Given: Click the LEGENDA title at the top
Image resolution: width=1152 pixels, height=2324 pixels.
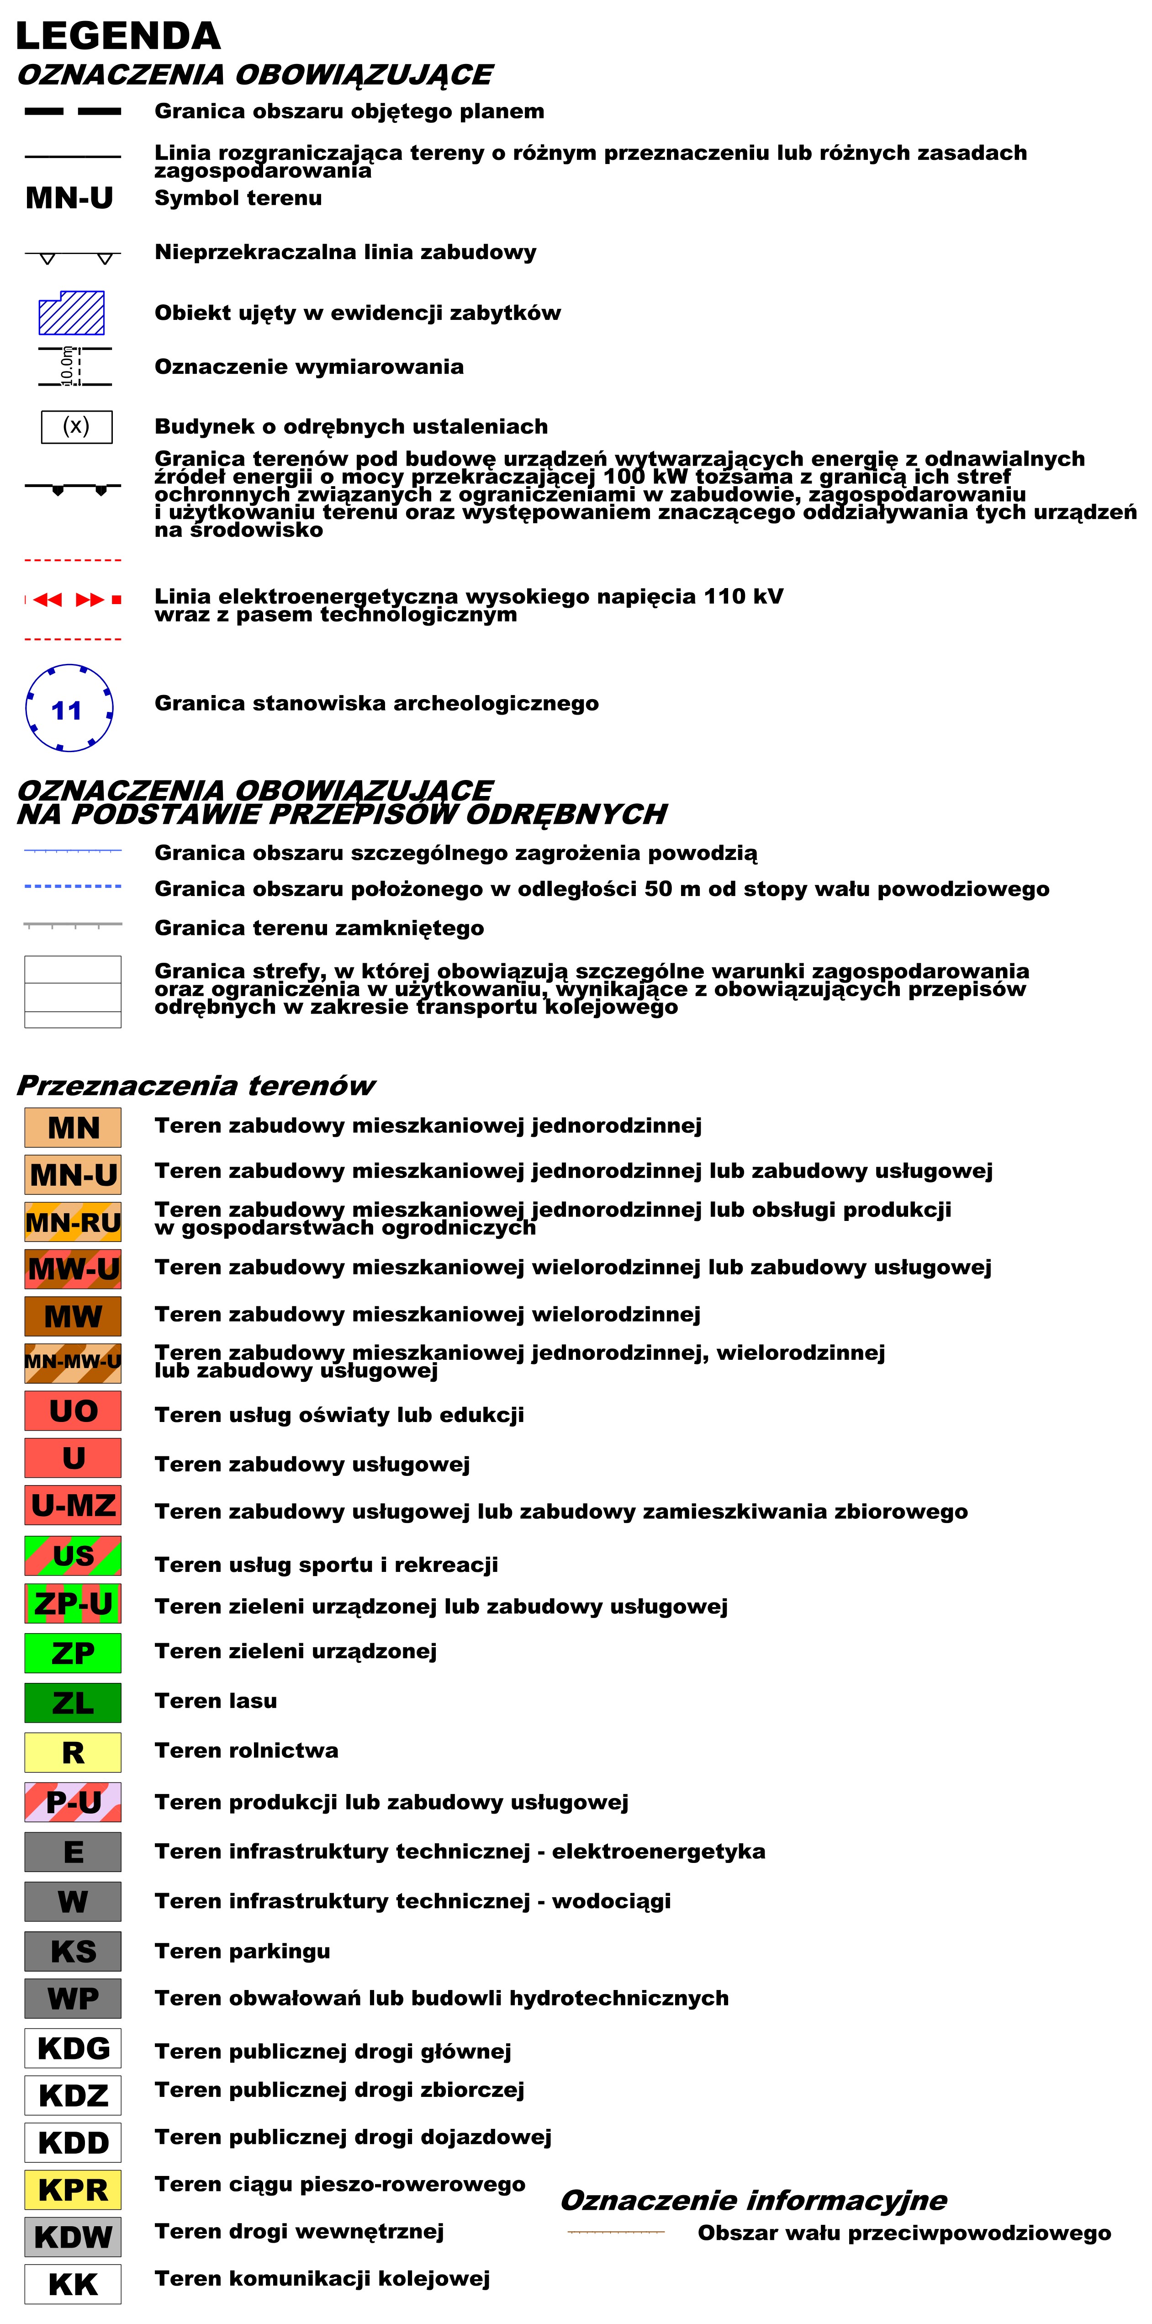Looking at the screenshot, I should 118,36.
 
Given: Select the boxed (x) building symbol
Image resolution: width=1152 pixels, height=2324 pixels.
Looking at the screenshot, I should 77,427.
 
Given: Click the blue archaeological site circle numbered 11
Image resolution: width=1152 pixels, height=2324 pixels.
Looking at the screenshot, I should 69,708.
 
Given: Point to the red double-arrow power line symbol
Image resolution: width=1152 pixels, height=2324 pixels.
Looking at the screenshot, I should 72,599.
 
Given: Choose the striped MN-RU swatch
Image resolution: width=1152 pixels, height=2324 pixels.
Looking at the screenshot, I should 73,1222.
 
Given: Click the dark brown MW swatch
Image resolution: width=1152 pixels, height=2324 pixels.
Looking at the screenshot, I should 73,1316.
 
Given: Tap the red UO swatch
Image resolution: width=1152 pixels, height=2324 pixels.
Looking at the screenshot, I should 73,1411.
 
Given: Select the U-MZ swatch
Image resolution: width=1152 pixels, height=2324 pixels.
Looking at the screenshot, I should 73,1505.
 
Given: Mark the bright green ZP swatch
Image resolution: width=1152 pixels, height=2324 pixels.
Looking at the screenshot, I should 73,1653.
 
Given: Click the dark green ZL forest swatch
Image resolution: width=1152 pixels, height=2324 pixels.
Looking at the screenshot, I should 73,1703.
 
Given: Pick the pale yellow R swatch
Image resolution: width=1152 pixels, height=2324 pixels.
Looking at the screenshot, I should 73,1752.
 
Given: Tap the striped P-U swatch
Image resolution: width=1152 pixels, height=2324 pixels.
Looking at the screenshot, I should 73,1802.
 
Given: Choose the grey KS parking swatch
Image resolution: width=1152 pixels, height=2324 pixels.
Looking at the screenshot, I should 73,1951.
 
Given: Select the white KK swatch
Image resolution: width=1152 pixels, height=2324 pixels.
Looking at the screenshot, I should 73,2283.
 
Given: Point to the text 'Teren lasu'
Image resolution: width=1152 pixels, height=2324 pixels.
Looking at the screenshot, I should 216,1701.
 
